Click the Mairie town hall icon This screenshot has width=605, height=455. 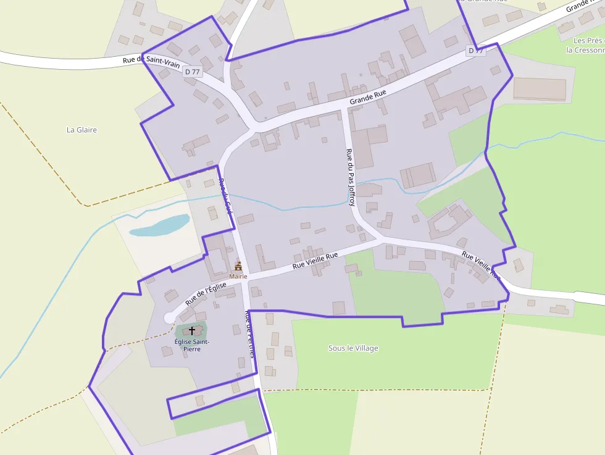[x=238, y=267]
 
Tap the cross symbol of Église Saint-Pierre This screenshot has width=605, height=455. [x=191, y=331]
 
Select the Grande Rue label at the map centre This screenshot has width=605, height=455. [x=367, y=96]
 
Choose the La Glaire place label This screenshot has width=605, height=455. [x=82, y=130]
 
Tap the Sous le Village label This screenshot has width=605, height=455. [x=353, y=348]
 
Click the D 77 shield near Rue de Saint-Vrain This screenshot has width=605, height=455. [x=193, y=72]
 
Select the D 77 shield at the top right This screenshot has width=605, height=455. [x=475, y=50]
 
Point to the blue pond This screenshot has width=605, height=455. [x=159, y=225]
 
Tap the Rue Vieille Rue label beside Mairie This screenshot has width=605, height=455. [x=315, y=261]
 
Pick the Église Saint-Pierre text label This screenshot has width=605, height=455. [x=191, y=345]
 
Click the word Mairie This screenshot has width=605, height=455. [x=238, y=277]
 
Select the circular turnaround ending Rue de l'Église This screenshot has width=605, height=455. [x=169, y=317]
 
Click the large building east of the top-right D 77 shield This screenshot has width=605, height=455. [x=540, y=90]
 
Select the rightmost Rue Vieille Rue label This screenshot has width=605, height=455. [x=480, y=264]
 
